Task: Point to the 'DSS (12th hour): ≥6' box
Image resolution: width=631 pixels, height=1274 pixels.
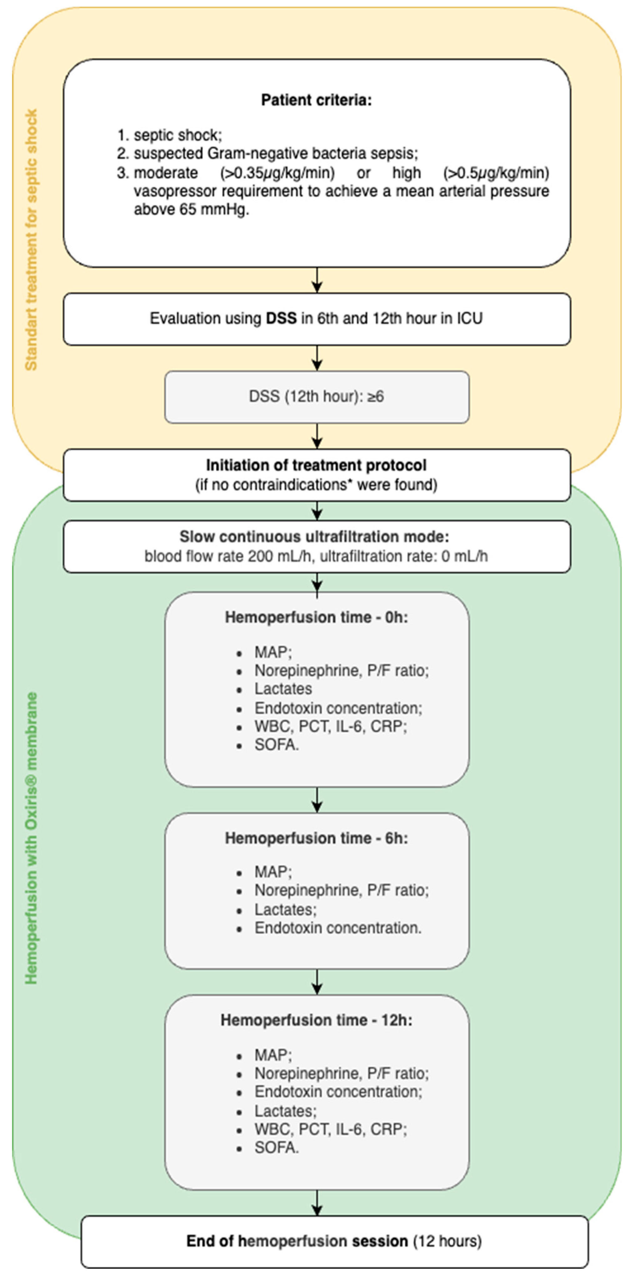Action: click(317, 397)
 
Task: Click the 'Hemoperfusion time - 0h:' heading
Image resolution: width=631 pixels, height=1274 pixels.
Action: click(317, 617)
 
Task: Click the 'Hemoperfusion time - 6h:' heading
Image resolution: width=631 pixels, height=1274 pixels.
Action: click(317, 838)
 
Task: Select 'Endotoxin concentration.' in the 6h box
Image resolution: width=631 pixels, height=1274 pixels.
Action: click(338, 928)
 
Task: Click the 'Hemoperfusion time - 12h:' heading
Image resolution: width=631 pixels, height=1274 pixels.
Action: click(317, 1020)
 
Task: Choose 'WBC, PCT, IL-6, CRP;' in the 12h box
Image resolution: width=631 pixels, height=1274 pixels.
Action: click(330, 1130)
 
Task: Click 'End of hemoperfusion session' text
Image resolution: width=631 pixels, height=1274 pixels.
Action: click(297, 1241)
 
